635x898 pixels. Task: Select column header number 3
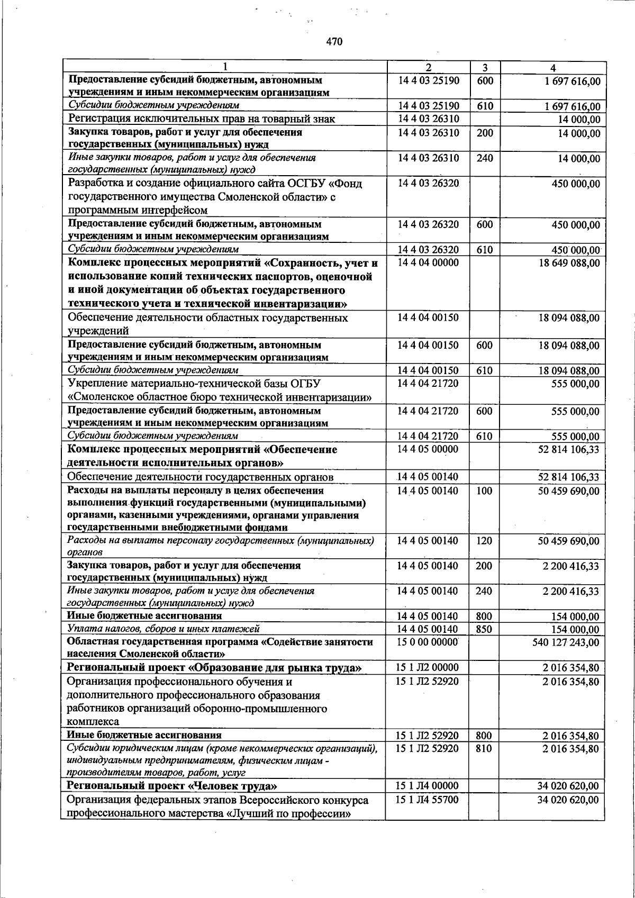tap(484, 68)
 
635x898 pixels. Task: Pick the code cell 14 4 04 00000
tap(429, 262)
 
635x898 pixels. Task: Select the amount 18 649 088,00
tap(569, 263)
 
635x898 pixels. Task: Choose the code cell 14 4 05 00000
tap(429, 449)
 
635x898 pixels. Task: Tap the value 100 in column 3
tap(484, 491)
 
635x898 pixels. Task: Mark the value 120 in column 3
tap(484, 541)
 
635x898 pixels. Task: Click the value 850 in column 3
tap(484, 629)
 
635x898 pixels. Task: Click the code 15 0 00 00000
tap(428, 642)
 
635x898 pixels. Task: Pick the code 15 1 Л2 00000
tap(428, 668)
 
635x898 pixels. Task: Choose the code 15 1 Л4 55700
tap(428, 800)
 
